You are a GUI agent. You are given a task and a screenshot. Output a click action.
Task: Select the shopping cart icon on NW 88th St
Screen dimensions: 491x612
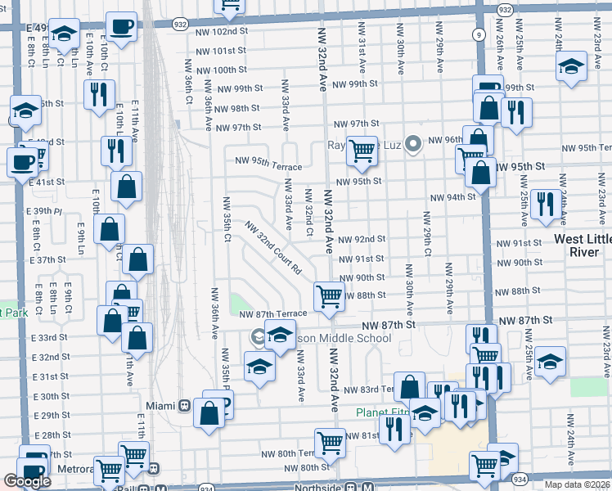[329, 296]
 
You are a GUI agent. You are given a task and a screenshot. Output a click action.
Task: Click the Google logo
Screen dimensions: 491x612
[27, 482]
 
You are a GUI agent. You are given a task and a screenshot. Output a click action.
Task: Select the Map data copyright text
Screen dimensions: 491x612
[577, 484]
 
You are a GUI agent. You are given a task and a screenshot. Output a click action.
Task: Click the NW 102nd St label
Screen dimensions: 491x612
[222, 31]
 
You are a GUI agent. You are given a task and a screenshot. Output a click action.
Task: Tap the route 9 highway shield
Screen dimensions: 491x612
[478, 35]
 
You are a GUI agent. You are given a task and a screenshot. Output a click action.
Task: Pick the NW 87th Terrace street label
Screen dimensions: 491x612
[272, 313]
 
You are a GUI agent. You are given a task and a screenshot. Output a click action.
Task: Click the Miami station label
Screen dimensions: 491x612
[160, 405]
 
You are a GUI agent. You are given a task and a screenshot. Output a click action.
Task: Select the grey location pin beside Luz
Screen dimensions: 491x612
[413, 145]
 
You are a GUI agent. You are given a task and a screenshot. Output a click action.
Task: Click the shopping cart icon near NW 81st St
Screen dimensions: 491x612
[330, 443]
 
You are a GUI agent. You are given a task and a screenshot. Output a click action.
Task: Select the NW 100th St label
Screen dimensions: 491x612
[221, 70]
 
